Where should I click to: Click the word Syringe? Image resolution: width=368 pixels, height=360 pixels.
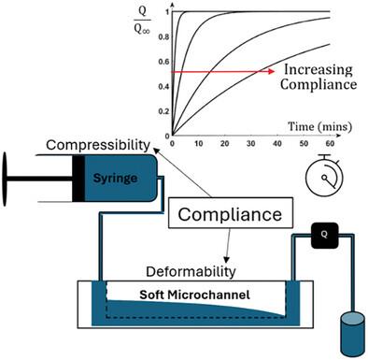click(x=115, y=179)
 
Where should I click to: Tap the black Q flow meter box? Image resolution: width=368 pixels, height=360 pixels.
click(x=324, y=236)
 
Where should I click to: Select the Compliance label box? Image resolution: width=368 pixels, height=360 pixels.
click(x=231, y=212)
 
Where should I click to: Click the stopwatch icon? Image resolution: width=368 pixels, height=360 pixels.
click(x=324, y=175)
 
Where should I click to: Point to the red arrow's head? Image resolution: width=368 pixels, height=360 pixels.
click(x=271, y=71)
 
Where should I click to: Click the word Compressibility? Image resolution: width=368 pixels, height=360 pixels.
click(x=98, y=145)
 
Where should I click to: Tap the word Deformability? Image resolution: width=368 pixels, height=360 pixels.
click(x=191, y=271)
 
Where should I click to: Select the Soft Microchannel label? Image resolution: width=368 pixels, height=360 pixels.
click(x=194, y=295)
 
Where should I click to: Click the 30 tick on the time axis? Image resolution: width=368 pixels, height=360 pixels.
click(x=251, y=144)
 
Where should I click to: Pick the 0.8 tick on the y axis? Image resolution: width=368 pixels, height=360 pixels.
click(x=163, y=37)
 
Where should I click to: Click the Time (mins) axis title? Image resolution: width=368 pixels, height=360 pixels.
click(x=319, y=126)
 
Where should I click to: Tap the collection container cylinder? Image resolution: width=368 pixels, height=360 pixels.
click(x=352, y=335)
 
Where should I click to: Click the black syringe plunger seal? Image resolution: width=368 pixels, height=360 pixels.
click(x=78, y=178)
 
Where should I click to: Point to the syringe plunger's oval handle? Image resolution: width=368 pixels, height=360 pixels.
click(x=5, y=179)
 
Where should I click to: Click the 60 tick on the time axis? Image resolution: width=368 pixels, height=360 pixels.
click(x=330, y=144)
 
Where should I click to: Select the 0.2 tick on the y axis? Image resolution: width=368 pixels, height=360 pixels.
click(x=163, y=111)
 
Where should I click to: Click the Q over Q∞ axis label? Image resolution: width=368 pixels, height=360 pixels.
click(x=142, y=21)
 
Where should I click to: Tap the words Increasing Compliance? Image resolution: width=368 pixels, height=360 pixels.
click(x=318, y=77)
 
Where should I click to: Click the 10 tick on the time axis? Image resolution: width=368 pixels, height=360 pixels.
click(x=198, y=144)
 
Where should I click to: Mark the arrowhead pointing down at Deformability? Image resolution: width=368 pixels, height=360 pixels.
click(x=227, y=259)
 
